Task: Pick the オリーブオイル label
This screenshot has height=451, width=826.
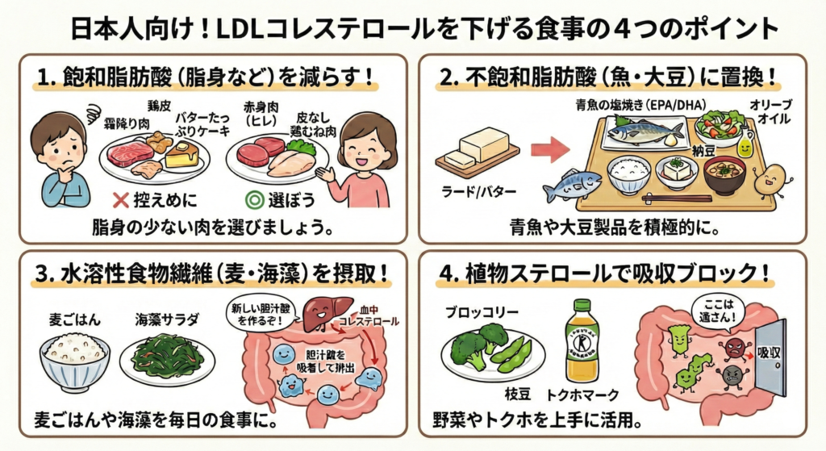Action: click(x=772, y=112)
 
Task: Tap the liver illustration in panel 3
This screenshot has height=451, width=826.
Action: click(x=331, y=311)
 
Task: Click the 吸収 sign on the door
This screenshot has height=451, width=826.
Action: click(x=766, y=354)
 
